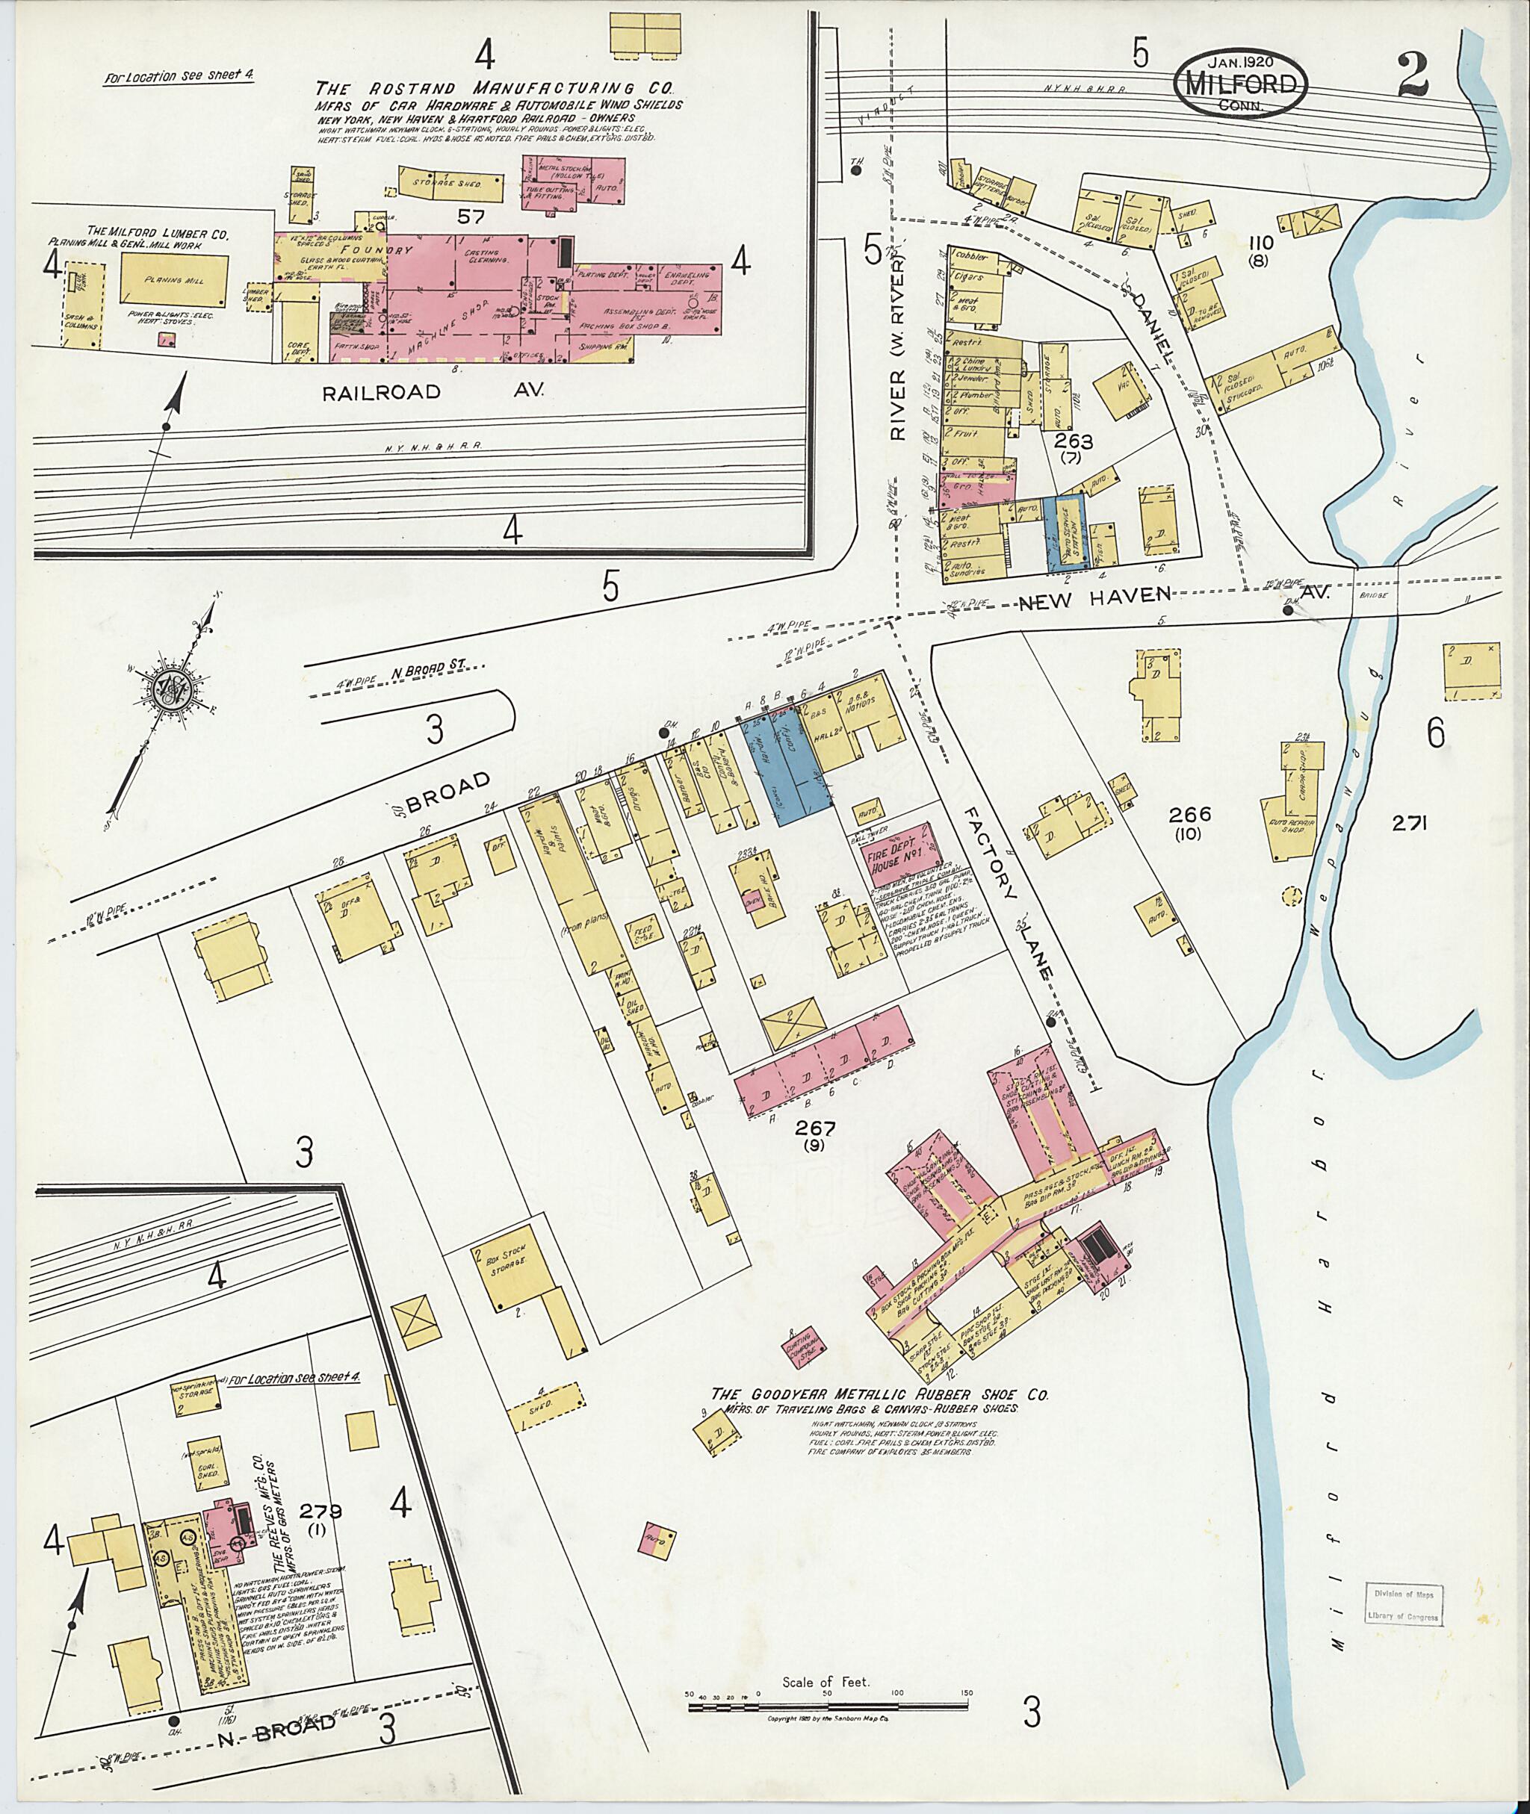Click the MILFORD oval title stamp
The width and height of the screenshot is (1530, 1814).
click(x=1239, y=81)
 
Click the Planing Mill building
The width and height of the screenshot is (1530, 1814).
click(x=174, y=280)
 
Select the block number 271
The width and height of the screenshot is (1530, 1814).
click(x=1410, y=824)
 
